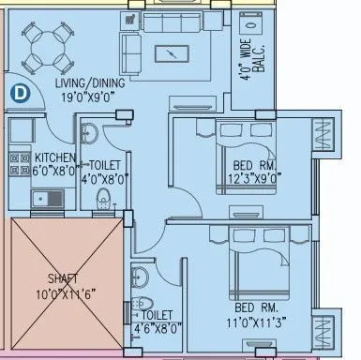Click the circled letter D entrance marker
tap(19, 92)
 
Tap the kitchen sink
tap(42, 198)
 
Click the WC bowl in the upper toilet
tap(105, 197)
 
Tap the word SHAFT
tap(62, 278)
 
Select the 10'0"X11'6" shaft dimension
tap(62, 292)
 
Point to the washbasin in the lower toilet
tap(140, 277)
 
